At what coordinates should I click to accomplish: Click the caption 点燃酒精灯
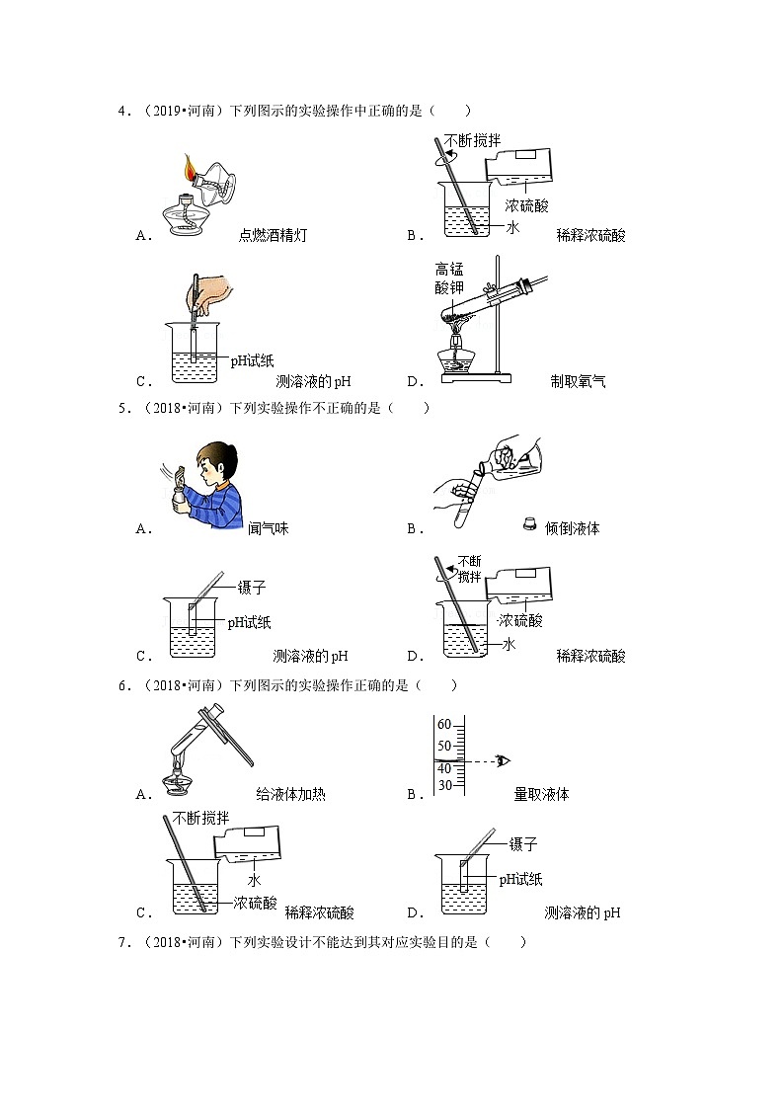pos(272,235)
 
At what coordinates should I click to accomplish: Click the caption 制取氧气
pos(579,381)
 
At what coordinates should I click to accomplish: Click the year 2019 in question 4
pos(161,111)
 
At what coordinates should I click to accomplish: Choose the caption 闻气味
pos(268,528)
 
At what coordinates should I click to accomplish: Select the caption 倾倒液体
pos(573,528)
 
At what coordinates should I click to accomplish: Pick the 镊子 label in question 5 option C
pos(253,588)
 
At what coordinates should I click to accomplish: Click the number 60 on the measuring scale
pos(444,724)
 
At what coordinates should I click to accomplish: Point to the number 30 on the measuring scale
pos(444,786)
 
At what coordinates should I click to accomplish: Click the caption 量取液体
pos(541,793)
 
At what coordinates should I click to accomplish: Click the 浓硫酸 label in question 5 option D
pos(520,620)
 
